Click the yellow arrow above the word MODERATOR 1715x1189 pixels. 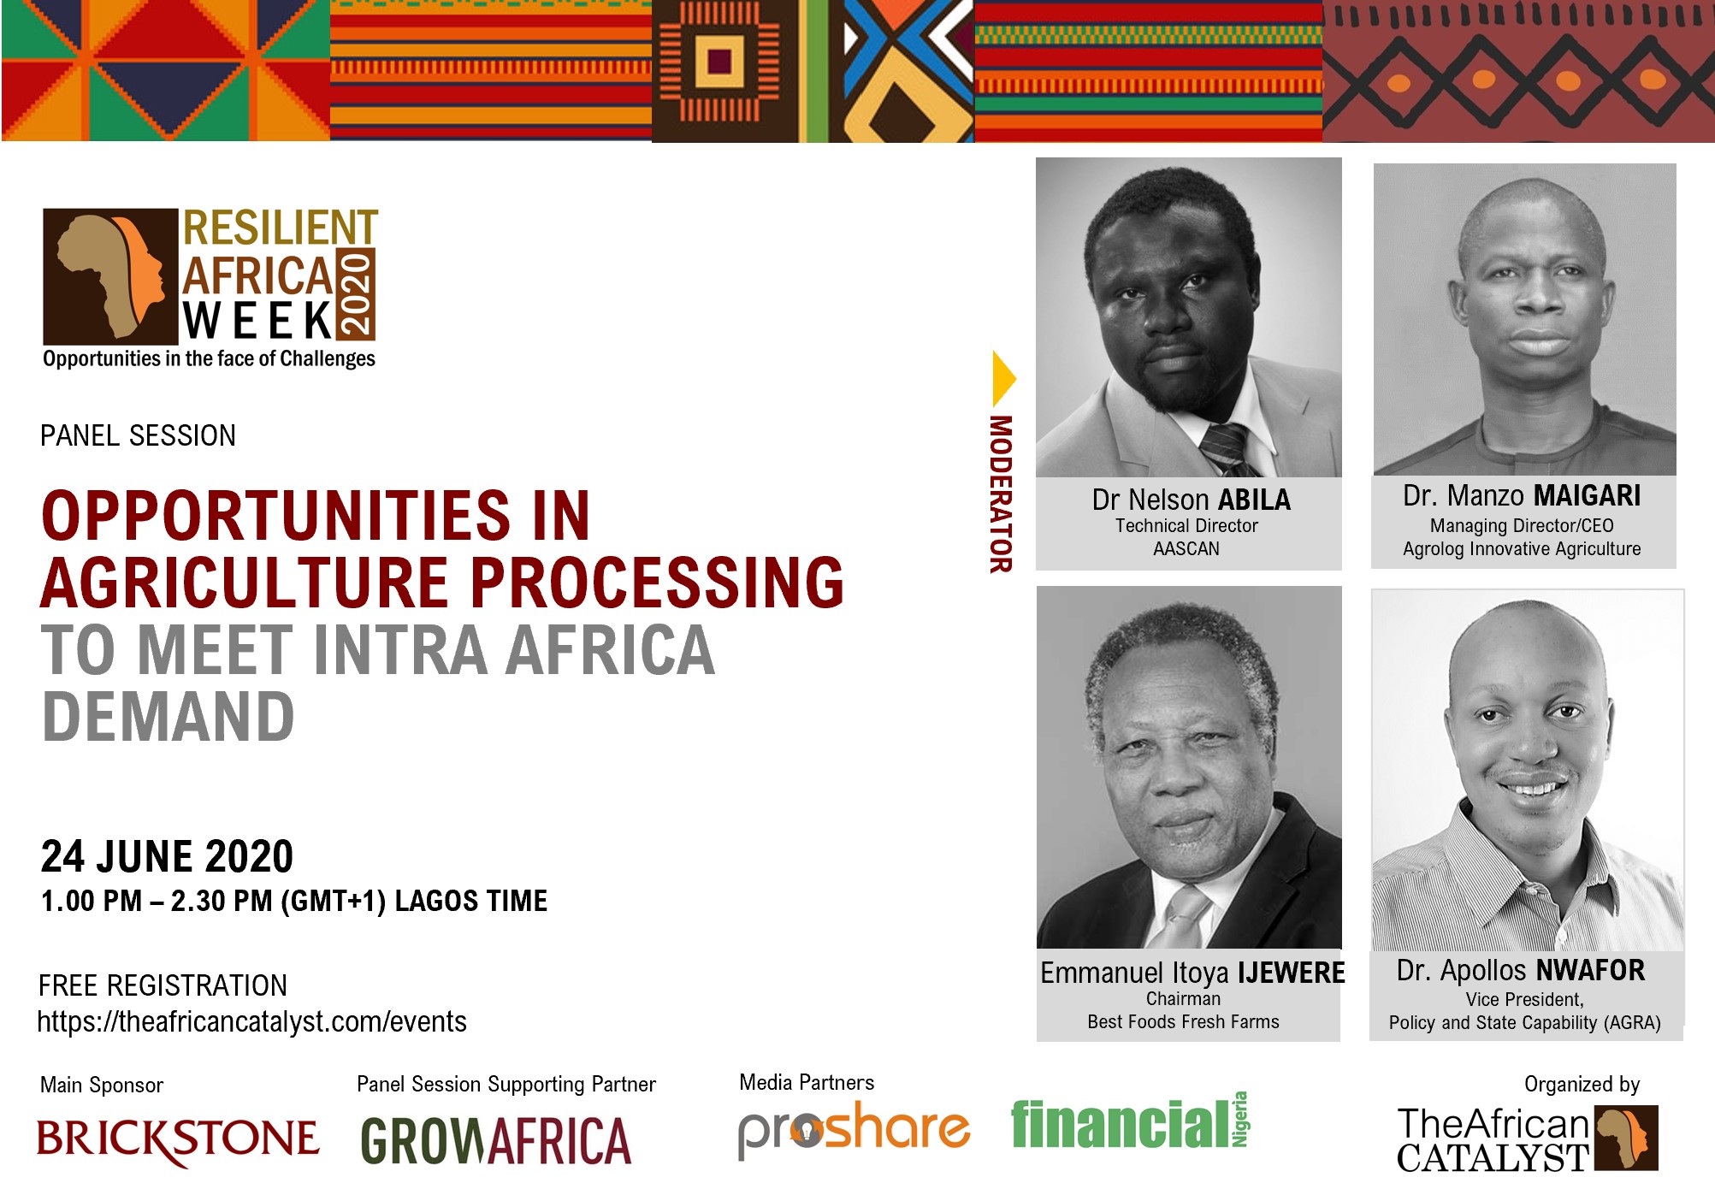click(1002, 378)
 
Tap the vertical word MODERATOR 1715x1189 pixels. click(1001, 494)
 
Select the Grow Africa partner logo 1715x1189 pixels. click(496, 1141)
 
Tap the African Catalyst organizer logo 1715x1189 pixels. click(1528, 1139)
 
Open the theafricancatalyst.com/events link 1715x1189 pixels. click(251, 1021)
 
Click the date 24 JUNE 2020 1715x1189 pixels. click(167, 856)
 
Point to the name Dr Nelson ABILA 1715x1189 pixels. click(1191, 500)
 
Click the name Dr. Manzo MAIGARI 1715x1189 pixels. click(1522, 496)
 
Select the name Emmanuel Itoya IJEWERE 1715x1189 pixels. click(1192, 973)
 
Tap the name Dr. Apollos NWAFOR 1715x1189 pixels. click(1521, 970)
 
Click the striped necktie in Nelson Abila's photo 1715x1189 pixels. click(1228, 450)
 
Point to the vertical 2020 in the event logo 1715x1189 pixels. click(357, 294)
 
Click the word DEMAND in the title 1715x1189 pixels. click(169, 717)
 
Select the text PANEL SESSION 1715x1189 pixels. click(138, 435)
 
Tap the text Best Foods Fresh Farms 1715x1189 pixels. click(1183, 1021)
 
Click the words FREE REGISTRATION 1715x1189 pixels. click(163, 985)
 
